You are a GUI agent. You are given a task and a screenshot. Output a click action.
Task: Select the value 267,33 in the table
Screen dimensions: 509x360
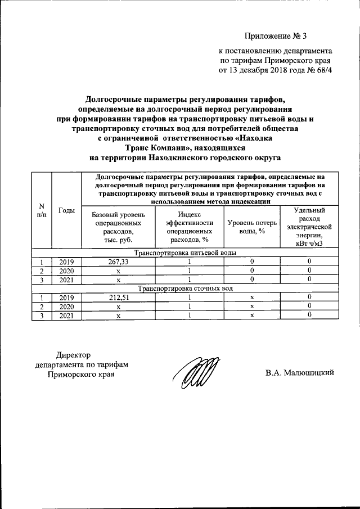tap(119, 262)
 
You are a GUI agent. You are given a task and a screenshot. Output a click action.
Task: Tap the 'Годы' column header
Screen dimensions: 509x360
tap(66, 210)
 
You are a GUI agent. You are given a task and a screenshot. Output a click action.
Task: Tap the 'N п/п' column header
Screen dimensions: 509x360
tap(41, 210)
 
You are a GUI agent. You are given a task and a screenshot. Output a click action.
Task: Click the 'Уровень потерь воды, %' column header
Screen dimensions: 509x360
tap(251, 227)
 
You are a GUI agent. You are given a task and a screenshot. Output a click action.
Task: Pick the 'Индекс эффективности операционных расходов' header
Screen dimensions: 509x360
tap(190, 227)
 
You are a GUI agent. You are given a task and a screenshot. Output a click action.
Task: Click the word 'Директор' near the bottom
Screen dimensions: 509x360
tap(73, 355)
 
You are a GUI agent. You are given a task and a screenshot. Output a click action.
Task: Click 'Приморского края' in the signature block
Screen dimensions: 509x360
tap(81, 374)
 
